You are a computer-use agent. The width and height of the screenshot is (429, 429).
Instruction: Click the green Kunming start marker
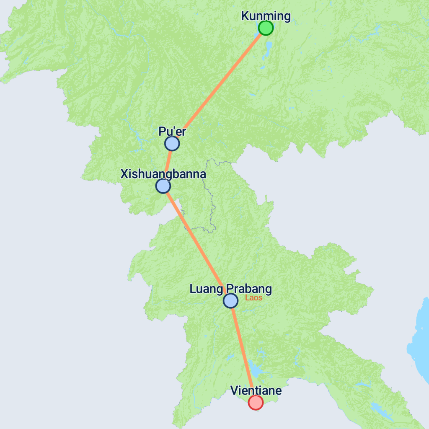pyautogui.click(x=266, y=28)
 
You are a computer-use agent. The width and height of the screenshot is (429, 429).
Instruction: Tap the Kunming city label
pyautogui.click(x=266, y=16)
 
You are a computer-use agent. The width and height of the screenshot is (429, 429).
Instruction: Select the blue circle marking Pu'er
pyautogui.click(x=172, y=144)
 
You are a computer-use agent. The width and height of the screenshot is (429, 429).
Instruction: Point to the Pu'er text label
pyautogui.click(x=172, y=132)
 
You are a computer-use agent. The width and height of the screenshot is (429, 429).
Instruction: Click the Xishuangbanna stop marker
pyautogui.click(x=163, y=186)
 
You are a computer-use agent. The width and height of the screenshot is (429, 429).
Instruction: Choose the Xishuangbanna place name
pyautogui.click(x=163, y=174)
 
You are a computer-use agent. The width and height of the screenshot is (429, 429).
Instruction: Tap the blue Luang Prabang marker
pyautogui.click(x=230, y=301)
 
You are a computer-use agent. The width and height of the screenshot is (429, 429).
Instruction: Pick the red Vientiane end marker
pyautogui.click(x=256, y=402)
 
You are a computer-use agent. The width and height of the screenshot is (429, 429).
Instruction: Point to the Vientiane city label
pyautogui.click(x=256, y=391)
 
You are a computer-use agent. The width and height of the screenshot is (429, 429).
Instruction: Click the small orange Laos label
pyautogui.click(x=254, y=298)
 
